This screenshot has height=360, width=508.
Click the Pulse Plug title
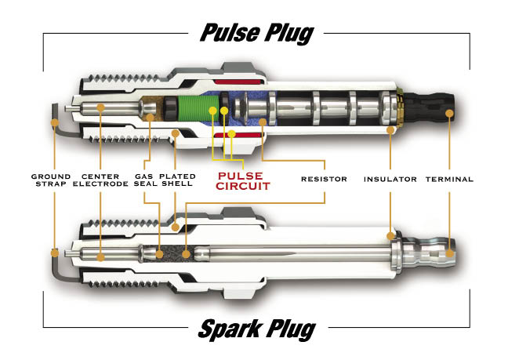(257, 34)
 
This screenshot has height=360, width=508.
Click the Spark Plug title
(257, 329)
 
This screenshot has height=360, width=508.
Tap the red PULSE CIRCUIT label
(243, 181)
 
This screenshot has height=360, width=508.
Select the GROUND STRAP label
(51, 180)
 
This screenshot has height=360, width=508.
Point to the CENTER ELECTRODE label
(100, 180)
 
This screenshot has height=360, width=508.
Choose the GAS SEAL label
(146, 180)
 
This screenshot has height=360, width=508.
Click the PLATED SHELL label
(177, 180)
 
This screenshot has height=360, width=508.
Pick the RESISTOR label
(324, 179)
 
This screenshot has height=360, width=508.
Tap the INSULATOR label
(390, 179)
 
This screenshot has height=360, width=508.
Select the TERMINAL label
(449, 179)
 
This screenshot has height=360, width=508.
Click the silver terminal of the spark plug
(428, 253)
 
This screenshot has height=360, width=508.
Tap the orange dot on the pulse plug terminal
(449, 113)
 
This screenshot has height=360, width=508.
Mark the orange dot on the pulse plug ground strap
(55, 122)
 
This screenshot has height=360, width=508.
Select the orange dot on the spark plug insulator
(390, 235)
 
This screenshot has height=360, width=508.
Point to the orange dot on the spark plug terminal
(450, 253)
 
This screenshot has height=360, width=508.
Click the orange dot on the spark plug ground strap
(55, 253)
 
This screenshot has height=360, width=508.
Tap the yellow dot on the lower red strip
(231, 133)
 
